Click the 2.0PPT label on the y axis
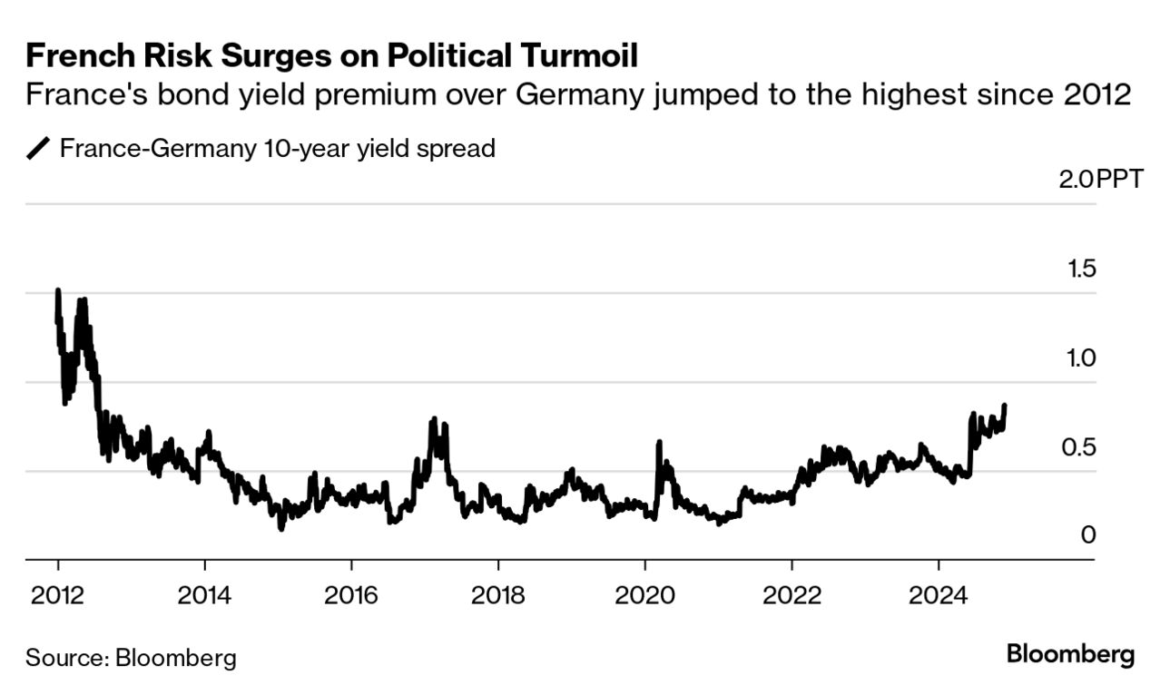click(x=1101, y=179)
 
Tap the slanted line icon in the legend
click(x=39, y=148)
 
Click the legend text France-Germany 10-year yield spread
click(x=277, y=148)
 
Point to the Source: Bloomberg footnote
click(x=131, y=657)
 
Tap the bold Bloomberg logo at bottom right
click(x=1070, y=654)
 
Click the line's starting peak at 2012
click(x=58, y=291)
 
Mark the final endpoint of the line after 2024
click(x=1004, y=406)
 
